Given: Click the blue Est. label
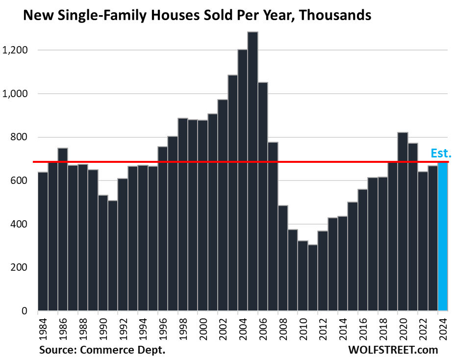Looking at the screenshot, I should [440, 154].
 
